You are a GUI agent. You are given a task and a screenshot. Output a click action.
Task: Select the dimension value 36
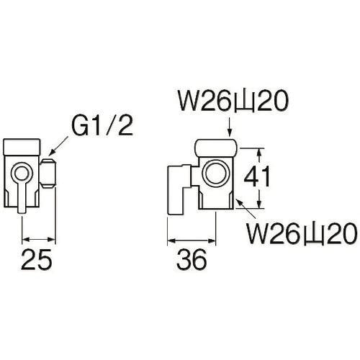(190, 257)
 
